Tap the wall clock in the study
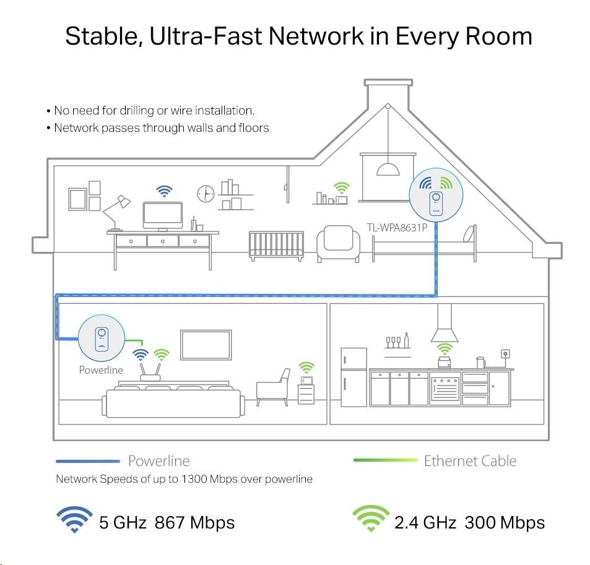204,194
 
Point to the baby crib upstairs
277,246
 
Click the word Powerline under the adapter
101,370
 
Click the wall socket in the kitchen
505,355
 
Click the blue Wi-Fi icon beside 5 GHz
74,520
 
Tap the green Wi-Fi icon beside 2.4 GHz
370,520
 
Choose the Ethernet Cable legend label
470,460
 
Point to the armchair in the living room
274,386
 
